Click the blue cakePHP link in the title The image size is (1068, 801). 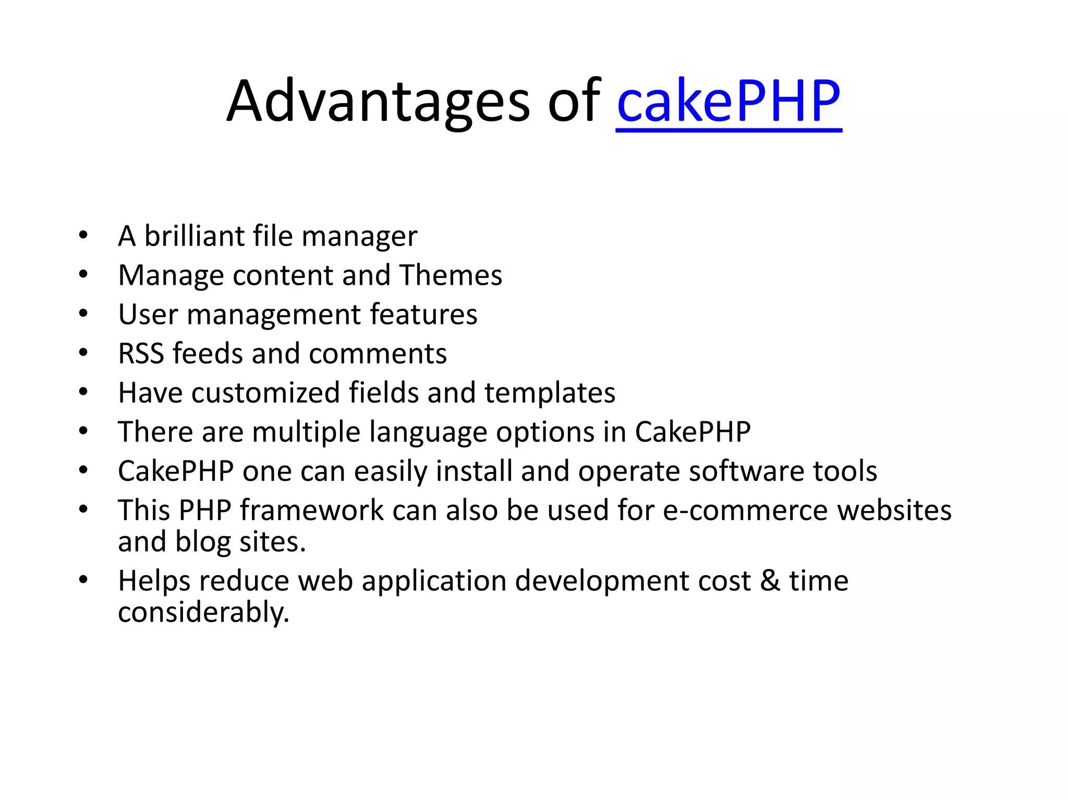click(729, 102)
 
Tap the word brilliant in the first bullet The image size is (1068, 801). click(194, 236)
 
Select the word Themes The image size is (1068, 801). click(451, 275)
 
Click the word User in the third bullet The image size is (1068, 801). click(148, 314)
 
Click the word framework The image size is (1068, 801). click(311, 510)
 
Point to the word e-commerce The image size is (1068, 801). click(745, 510)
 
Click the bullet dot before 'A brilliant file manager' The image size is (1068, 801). click(83, 236)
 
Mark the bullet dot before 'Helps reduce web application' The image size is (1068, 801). click(83, 580)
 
